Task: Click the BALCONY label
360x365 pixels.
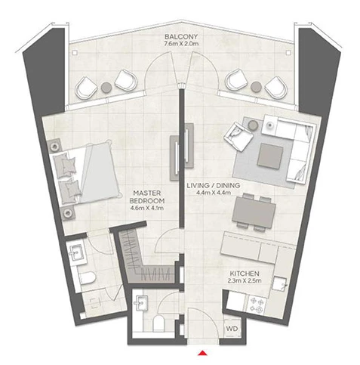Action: coord(181,36)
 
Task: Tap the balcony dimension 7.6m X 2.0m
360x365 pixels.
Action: coord(181,44)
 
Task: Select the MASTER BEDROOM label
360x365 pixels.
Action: coord(147,197)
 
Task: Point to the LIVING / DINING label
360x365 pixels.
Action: coord(214,185)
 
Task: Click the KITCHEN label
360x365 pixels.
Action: coord(245,274)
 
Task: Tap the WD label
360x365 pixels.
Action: coord(232,329)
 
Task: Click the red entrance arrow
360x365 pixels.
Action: coord(202,353)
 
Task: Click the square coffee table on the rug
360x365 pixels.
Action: coord(270,156)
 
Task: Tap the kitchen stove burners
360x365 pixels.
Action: coord(257,305)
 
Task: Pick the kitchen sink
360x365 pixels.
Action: coord(279,284)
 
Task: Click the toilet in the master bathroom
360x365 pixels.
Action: coord(88,277)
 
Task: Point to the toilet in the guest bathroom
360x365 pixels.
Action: coord(158,323)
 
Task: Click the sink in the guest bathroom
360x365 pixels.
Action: coord(141,303)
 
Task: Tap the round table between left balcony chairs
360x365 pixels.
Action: coord(106,88)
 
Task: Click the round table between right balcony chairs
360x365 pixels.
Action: coord(256,87)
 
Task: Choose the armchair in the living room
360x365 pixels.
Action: coord(238,136)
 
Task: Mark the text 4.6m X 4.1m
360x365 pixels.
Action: coord(147,208)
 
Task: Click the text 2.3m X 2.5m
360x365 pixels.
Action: coord(245,280)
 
